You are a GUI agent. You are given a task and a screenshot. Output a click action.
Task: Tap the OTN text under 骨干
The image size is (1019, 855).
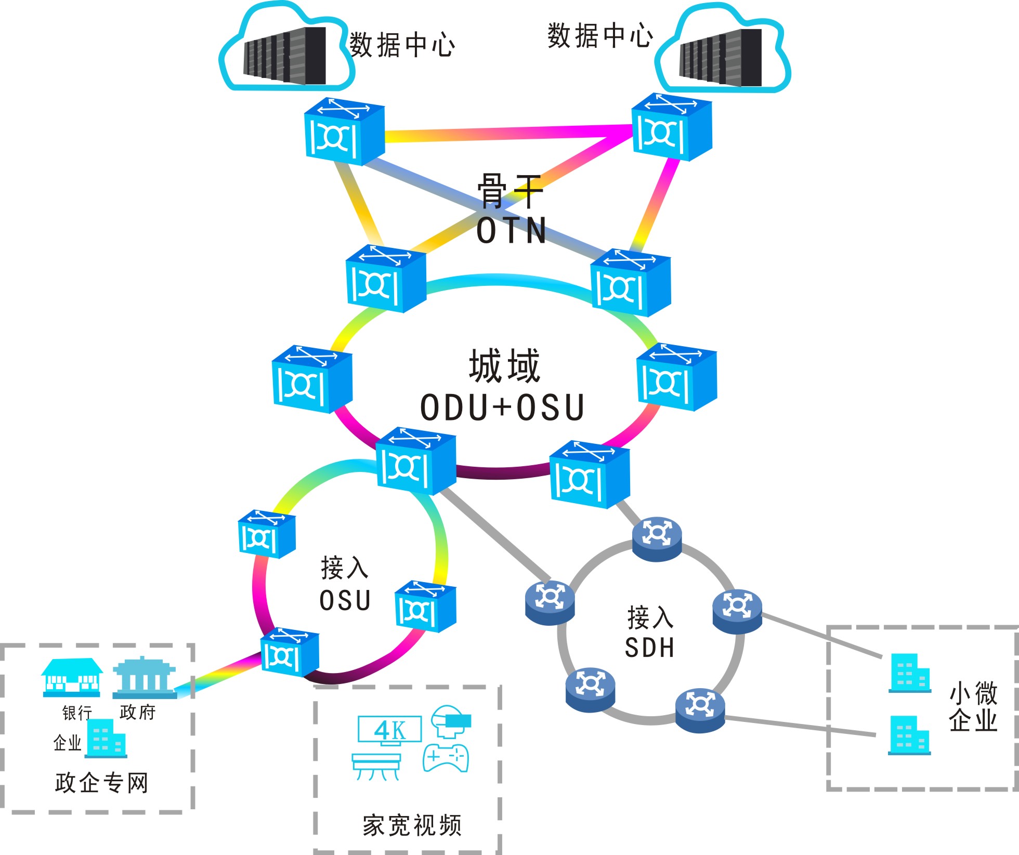[x=512, y=231]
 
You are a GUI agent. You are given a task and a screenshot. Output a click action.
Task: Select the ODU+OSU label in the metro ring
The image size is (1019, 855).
[x=502, y=407]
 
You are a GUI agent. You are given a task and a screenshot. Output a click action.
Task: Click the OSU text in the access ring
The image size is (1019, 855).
[x=345, y=601]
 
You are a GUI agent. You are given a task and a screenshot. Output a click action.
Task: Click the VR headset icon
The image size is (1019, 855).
[x=450, y=721]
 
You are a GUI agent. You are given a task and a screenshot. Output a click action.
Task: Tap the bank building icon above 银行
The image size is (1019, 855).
[x=72, y=678]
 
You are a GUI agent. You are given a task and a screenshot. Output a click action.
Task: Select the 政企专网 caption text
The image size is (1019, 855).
[x=102, y=783]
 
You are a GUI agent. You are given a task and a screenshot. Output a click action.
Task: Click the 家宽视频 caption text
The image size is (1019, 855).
[x=412, y=825]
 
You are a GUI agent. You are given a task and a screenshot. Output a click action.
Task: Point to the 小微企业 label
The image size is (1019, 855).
[x=973, y=707]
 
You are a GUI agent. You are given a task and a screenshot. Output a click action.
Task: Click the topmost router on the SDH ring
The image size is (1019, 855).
[x=657, y=539]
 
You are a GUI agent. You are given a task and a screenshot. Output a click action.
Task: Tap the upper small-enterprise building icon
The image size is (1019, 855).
[x=909, y=674]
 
